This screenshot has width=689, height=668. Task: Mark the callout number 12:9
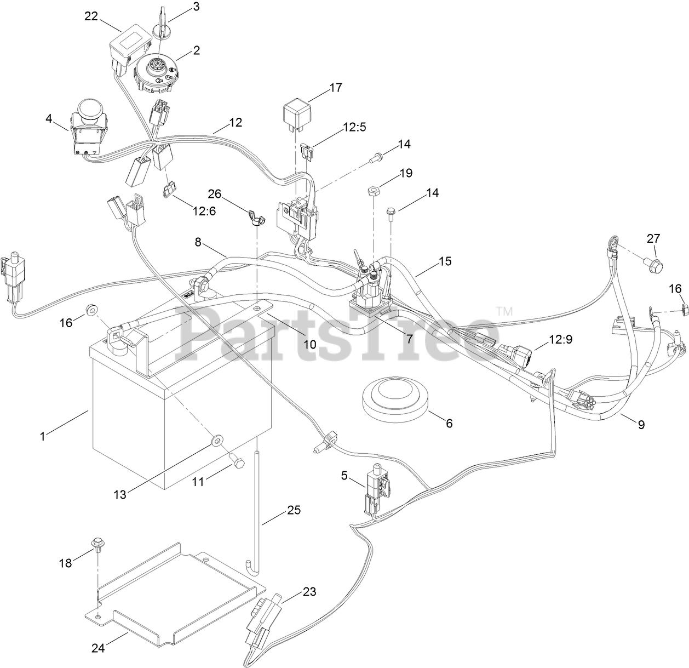[x=560, y=339]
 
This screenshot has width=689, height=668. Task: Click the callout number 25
[x=294, y=511]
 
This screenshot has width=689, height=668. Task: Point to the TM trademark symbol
[x=504, y=311]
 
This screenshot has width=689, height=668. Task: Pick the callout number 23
[x=309, y=592]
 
